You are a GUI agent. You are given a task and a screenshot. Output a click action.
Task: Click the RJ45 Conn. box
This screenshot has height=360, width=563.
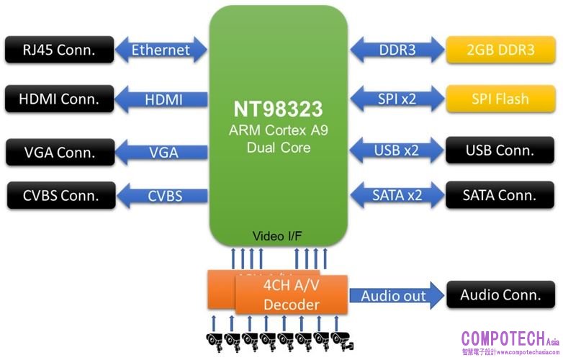tap(59, 50)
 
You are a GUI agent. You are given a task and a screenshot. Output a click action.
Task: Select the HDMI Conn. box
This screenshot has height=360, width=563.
tap(59, 99)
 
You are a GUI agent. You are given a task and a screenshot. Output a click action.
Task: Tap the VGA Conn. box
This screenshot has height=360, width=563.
tap(59, 152)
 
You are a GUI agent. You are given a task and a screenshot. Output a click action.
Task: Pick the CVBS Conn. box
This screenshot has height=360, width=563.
tap(59, 194)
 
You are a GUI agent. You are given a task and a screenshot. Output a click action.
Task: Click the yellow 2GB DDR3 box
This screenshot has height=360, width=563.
tap(501, 50)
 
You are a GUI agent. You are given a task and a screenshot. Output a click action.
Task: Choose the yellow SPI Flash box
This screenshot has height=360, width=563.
tap(501, 99)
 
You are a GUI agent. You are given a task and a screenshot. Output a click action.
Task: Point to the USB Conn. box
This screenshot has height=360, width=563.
tap(501, 150)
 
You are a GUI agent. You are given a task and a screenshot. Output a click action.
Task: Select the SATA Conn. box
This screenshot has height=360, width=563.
tap(501, 194)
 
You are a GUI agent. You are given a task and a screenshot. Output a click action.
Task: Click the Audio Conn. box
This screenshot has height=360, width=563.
tap(501, 294)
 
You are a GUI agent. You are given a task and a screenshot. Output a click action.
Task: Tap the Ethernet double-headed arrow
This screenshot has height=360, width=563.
tap(160, 50)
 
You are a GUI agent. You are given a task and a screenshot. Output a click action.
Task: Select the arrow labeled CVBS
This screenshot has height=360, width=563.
tap(163, 194)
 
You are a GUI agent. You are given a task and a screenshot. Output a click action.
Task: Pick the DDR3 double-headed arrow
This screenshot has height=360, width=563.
tap(397, 50)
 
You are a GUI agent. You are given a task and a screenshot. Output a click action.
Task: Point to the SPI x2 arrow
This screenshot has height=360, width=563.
tap(397, 99)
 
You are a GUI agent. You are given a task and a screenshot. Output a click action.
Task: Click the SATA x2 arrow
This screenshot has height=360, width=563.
tap(397, 194)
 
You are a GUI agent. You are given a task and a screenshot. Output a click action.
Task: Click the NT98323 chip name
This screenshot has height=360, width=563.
tap(278, 109)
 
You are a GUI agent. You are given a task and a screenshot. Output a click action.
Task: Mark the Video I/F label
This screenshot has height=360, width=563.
tap(278, 236)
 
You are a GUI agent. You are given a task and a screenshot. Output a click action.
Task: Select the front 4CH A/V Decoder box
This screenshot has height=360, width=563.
tap(292, 294)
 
